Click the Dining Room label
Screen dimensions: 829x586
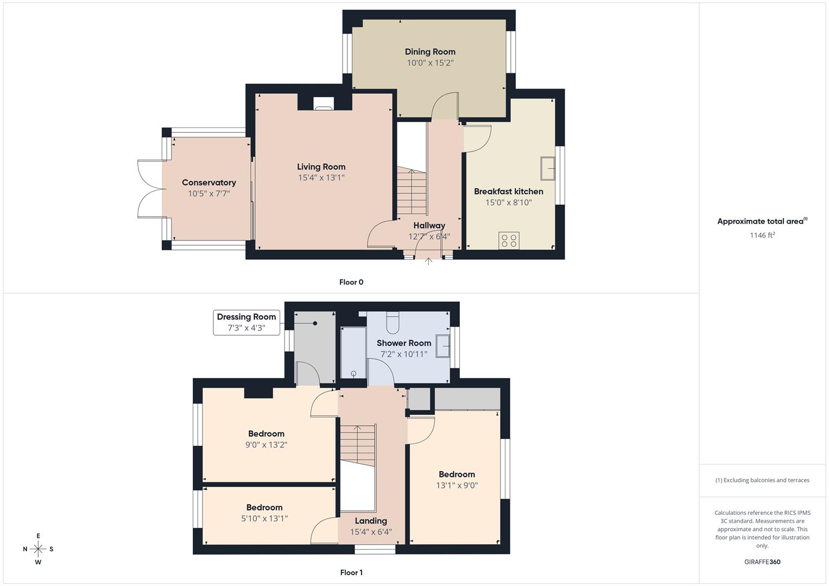tap(430, 52)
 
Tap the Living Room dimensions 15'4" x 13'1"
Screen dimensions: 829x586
tap(321, 177)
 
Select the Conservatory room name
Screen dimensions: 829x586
tap(208, 182)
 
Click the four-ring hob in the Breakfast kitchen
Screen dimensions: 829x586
tap(509, 240)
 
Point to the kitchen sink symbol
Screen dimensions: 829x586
tap(548, 168)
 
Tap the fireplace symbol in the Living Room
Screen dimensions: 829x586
tap(324, 104)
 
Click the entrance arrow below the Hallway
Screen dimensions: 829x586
tap(428, 261)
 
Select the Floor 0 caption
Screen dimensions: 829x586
tap(351, 282)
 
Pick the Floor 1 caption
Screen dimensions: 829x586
tap(351, 572)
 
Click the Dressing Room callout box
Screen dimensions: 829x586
tap(246, 323)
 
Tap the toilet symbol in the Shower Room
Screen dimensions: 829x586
tap(393, 322)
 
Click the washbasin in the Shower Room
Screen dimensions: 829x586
tap(442, 346)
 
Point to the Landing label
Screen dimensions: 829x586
tap(371, 521)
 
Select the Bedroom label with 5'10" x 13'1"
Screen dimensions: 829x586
tap(264, 507)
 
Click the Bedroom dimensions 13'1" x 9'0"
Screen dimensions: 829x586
tap(457, 486)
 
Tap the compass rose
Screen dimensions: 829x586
tap(38, 549)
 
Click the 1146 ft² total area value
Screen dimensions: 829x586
tap(762, 235)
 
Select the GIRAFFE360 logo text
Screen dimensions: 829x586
tap(762, 562)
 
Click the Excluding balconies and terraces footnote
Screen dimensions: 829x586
tap(762, 480)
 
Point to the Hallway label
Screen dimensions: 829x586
tap(429, 225)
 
